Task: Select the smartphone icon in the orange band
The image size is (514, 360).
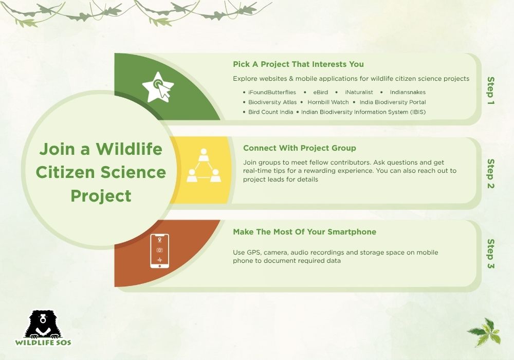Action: pyautogui.click(x=159, y=251)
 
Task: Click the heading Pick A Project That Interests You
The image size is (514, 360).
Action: pyautogui.click(x=298, y=64)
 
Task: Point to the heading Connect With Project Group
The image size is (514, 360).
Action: pyautogui.click(x=299, y=148)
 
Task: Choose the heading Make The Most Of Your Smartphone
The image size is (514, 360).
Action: pyautogui.click(x=304, y=232)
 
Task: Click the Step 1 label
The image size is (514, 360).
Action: pyautogui.click(x=490, y=91)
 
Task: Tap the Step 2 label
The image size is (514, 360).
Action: pyautogui.click(x=490, y=173)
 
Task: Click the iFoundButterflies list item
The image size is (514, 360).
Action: pyautogui.click(x=272, y=92)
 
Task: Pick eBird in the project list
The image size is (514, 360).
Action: pyautogui.click(x=321, y=92)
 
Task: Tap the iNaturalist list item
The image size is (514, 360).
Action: pyautogui.click(x=359, y=92)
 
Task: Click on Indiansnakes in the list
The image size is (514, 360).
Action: pyautogui.click(x=408, y=92)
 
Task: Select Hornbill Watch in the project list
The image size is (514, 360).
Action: pyautogui.click(x=328, y=102)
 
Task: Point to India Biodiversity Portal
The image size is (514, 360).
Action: pyautogui.click(x=393, y=102)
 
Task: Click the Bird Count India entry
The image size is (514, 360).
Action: pyautogui.click(x=270, y=112)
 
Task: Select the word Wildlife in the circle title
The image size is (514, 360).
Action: pyautogui.click(x=129, y=150)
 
